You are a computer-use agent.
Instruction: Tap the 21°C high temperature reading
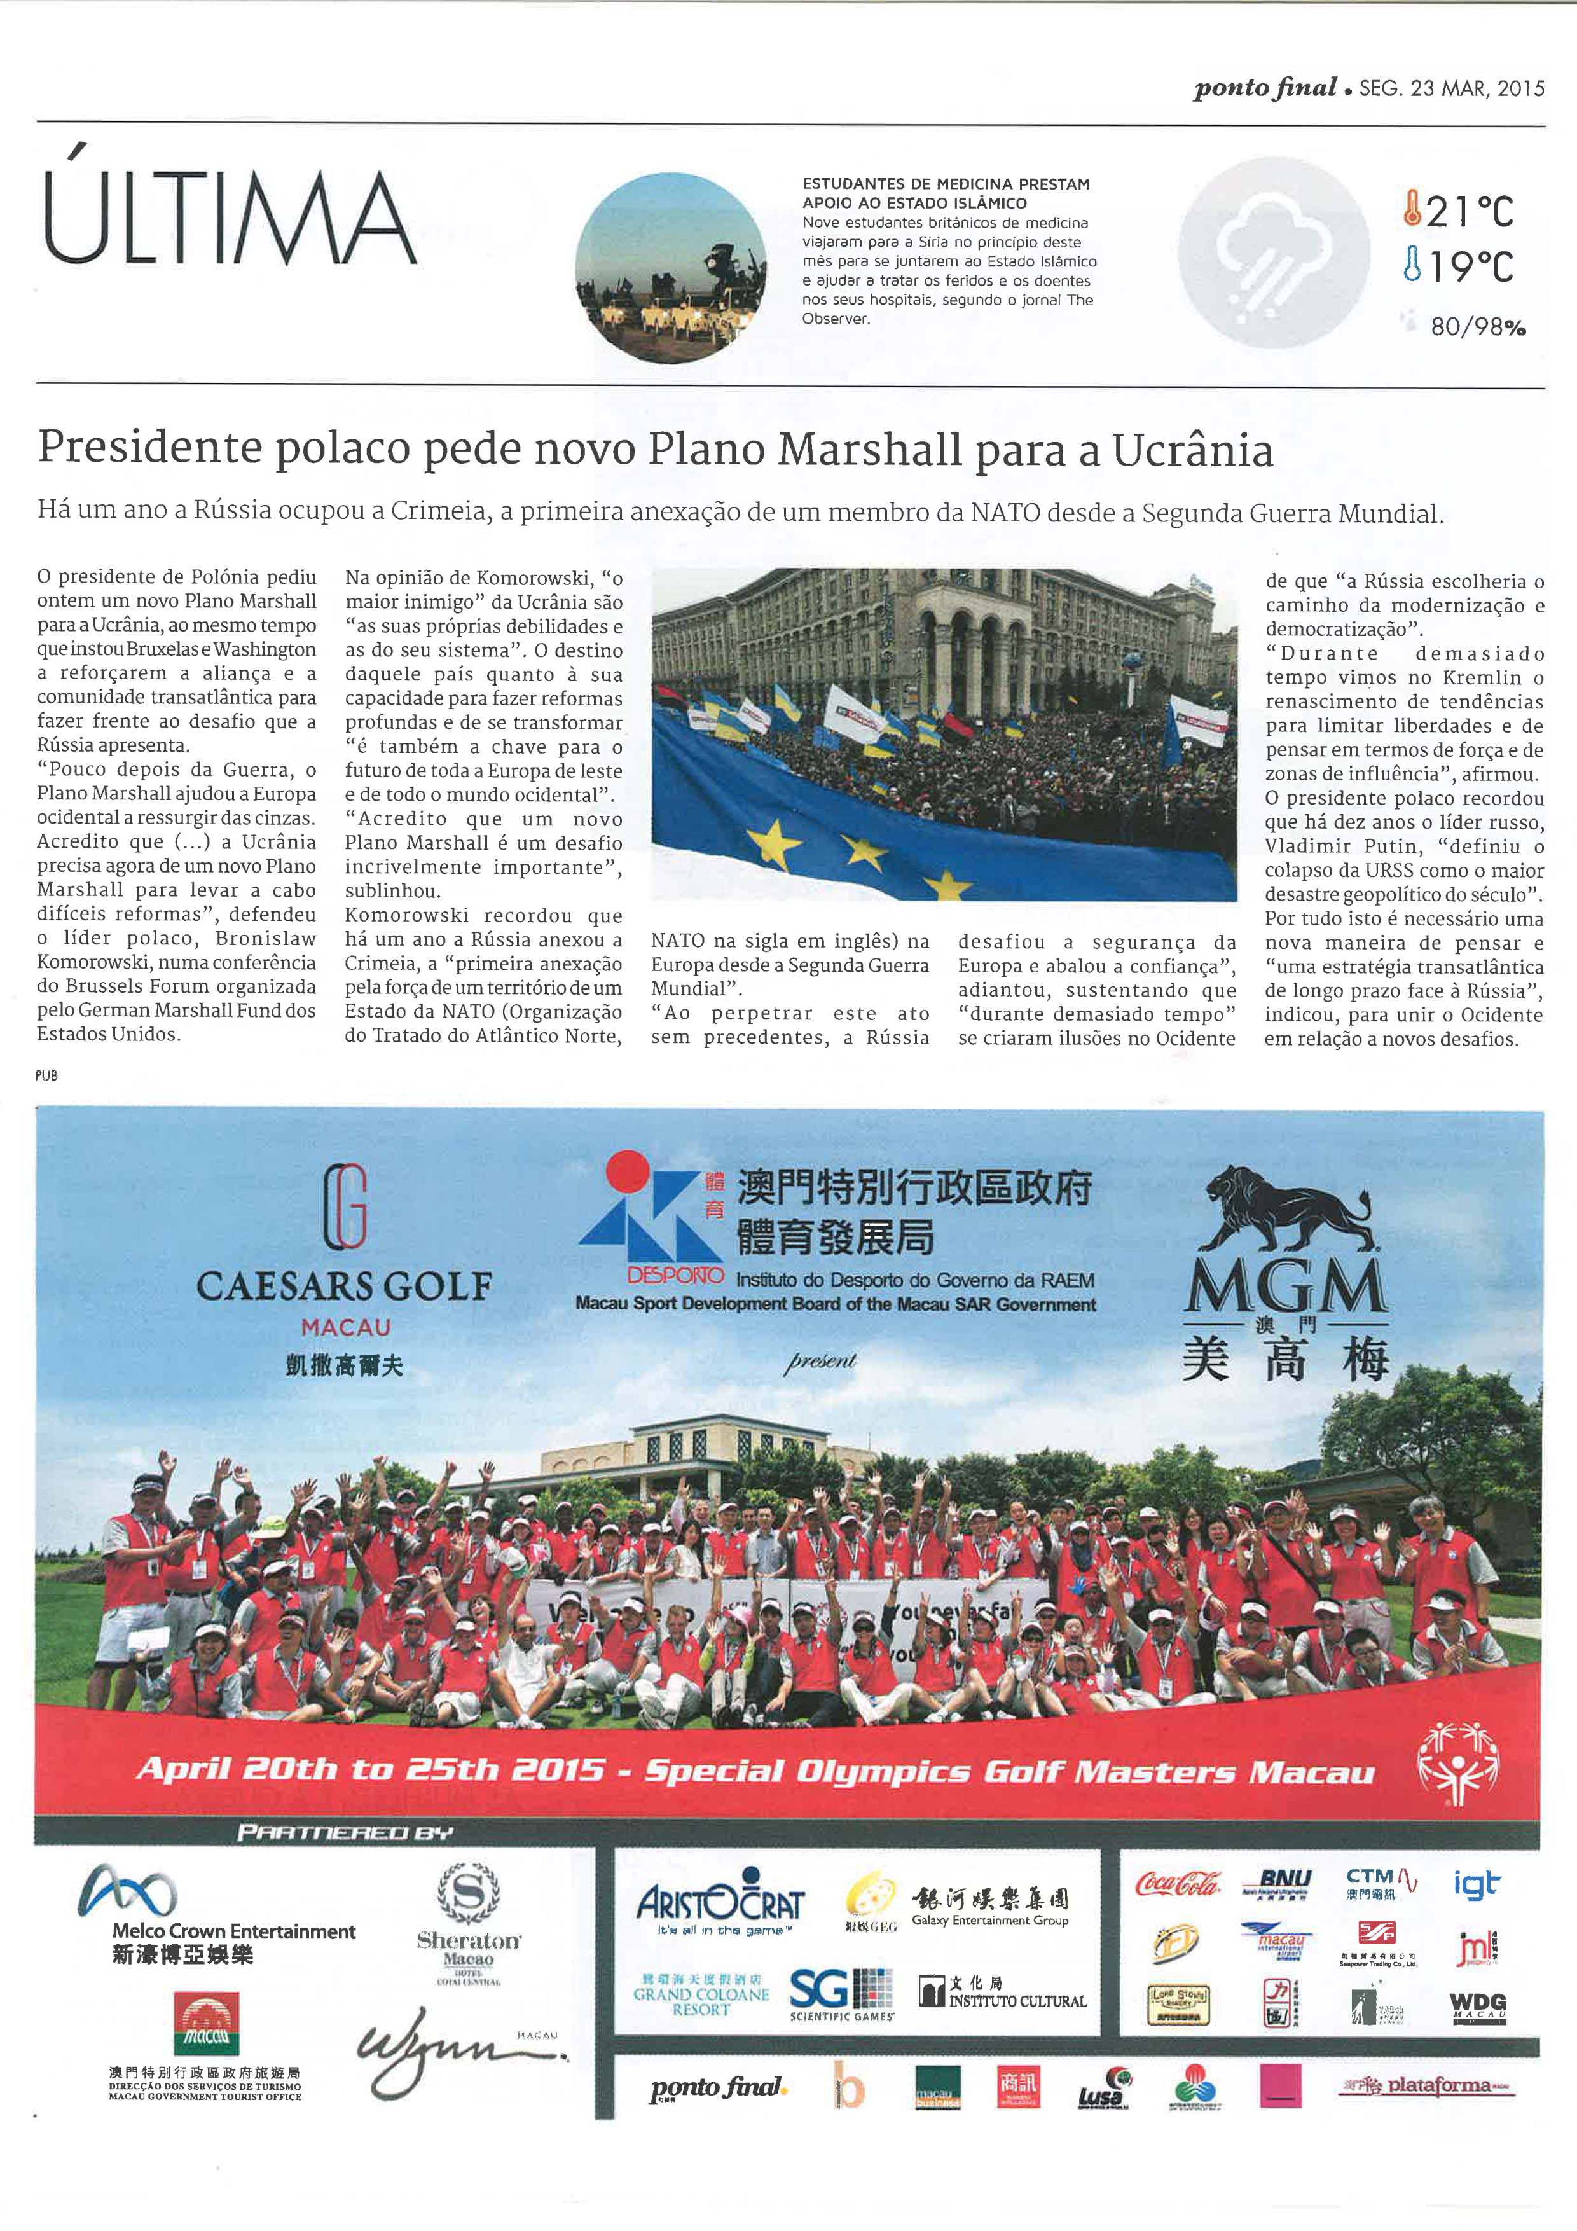point(1459,210)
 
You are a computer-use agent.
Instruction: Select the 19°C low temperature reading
point(1459,265)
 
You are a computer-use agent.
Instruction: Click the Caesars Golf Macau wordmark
point(344,1287)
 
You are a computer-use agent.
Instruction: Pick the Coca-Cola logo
point(1176,1883)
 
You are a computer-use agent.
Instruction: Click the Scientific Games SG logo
point(841,1994)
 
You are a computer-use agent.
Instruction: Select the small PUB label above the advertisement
point(46,1075)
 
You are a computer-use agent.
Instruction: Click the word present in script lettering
point(821,1362)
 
